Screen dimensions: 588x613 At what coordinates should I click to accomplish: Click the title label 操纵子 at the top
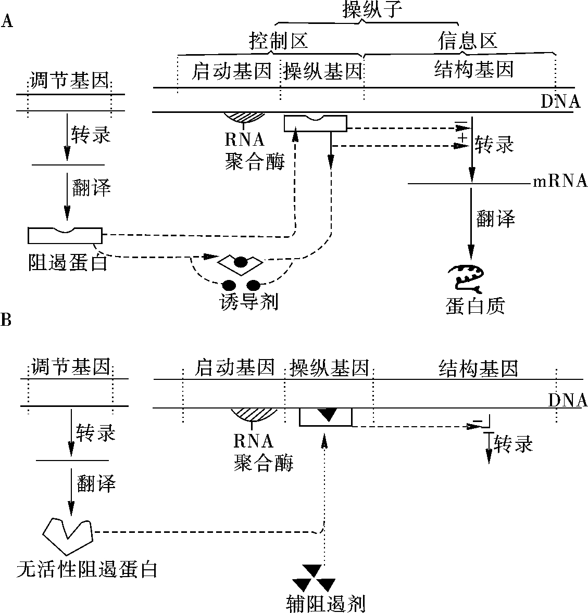[x=372, y=9]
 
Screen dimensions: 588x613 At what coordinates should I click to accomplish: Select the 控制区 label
[x=279, y=41]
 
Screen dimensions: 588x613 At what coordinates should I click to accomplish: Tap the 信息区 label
[x=467, y=41]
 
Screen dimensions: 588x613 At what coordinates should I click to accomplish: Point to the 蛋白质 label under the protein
[x=475, y=306]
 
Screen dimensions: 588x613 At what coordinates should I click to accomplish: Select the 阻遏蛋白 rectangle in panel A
[x=65, y=235]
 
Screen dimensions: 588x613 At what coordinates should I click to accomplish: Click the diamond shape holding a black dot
[x=241, y=263]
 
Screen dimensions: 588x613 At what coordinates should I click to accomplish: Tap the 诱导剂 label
[x=249, y=302]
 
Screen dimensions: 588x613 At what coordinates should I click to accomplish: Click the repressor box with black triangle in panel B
[x=326, y=417]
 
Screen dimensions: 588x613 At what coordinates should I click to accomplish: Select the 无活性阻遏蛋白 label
[x=87, y=570]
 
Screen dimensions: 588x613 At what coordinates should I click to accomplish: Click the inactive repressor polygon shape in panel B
[x=67, y=535]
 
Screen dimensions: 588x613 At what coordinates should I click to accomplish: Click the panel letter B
[x=6, y=320]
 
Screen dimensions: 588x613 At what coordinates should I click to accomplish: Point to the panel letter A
[x=7, y=21]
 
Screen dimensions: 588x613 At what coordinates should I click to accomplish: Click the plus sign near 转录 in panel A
[x=463, y=137]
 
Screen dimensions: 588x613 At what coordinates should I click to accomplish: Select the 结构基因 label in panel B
[x=479, y=368]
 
